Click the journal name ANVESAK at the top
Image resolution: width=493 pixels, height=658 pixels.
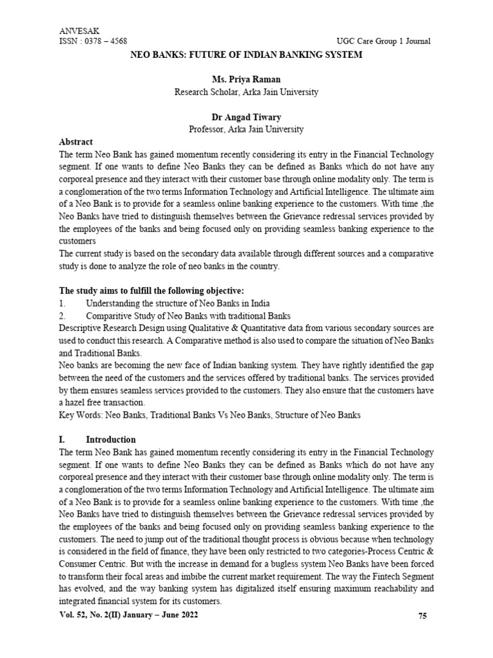[x=76, y=31]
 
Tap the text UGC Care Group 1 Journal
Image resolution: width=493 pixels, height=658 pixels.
[x=383, y=42]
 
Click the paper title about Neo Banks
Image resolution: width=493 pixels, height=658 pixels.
[x=246, y=55]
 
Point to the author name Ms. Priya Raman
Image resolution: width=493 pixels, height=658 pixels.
[x=246, y=80]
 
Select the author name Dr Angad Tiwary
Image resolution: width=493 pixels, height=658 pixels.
[x=246, y=117]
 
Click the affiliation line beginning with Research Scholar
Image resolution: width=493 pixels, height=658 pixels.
[x=246, y=92]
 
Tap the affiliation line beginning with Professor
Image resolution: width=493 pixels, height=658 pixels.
[x=246, y=129]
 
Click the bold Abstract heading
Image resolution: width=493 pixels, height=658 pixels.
[x=76, y=141]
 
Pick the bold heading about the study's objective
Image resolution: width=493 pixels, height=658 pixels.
[x=161, y=291]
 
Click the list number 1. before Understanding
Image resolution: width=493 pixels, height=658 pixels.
[x=62, y=303]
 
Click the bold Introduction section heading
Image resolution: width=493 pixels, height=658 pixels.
[x=110, y=440]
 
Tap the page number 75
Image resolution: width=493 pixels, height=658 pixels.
[x=422, y=616]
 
